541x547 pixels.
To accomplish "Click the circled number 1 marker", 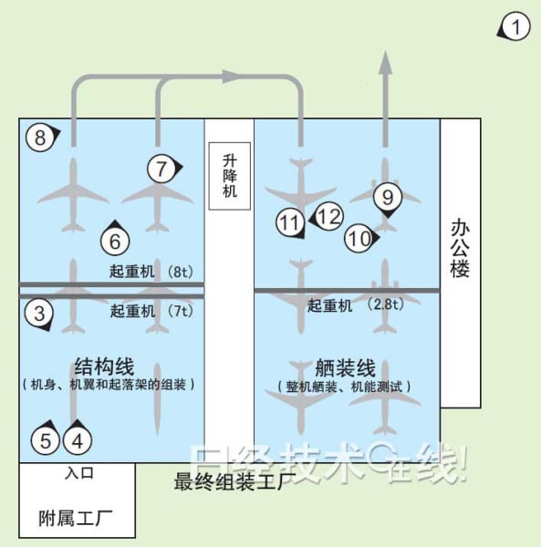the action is [515, 26].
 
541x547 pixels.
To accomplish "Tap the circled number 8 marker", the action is [40, 137].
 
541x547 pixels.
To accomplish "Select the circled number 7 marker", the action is [161, 169].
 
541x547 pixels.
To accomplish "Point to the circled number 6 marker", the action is [115, 240].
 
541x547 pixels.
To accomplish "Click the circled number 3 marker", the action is [39, 313].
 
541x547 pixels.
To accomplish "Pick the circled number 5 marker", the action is [46, 439].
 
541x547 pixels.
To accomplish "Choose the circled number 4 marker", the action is [78, 439].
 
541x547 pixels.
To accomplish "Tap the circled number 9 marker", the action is [388, 198].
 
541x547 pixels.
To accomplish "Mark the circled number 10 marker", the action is [359, 239].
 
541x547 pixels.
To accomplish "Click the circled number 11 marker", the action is [290, 222].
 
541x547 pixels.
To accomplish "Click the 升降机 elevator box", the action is [230, 176].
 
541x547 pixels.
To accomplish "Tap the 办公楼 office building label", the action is [460, 248].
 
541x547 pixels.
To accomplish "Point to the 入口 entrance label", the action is [79, 473].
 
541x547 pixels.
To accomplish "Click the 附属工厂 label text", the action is [76, 518].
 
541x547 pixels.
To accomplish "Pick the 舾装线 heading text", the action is [345, 367].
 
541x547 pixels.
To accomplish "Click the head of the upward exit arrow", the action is [385, 62].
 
